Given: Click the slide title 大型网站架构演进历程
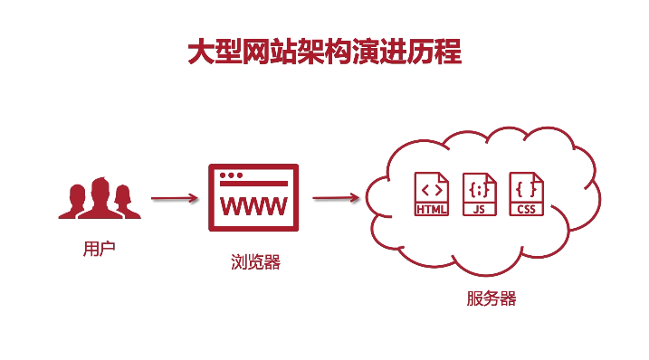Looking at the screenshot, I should [x=324, y=52].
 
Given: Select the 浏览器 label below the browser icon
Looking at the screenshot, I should [x=255, y=263].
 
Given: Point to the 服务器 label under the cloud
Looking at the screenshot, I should [x=492, y=298].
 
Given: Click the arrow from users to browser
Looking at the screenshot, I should [x=174, y=198].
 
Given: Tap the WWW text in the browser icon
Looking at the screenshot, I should [x=254, y=205].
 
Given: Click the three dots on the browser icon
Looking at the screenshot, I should [x=232, y=175].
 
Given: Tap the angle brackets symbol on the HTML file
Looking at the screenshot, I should [x=432, y=189].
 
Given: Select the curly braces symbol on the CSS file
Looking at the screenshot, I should [x=527, y=189].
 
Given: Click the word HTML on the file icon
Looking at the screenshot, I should [x=431, y=210].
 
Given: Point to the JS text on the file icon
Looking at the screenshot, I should [x=479, y=210].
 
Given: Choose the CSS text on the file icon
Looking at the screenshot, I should [x=526, y=210].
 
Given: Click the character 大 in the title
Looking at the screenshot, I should [x=201, y=52].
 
